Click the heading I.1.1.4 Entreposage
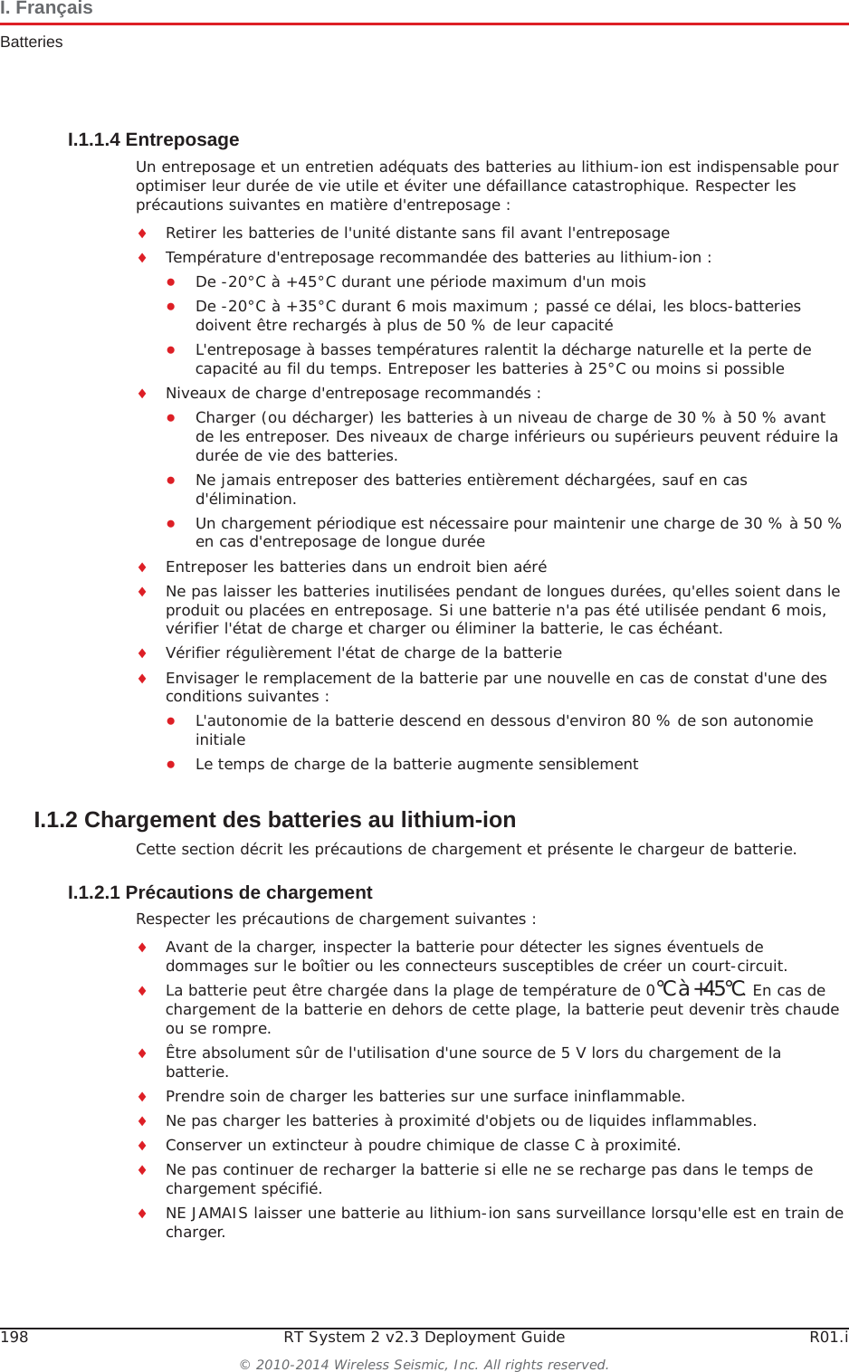(x=153, y=139)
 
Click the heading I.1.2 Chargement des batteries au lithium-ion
(x=274, y=820)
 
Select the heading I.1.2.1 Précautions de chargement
(x=220, y=892)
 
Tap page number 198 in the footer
(x=14, y=1337)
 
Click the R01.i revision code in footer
(x=828, y=1337)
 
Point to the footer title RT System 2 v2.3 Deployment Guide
(x=424, y=1337)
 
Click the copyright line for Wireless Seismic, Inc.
(x=424, y=1364)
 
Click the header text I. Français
(x=46, y=8)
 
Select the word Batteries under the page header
(x=32, y=42)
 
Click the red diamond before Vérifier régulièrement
(x=142, y=653)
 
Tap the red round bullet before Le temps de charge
(x=169, y=764)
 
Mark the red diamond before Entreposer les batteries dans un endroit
(x=142, y=567)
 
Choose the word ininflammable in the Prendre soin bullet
(x=632, y=1096)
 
